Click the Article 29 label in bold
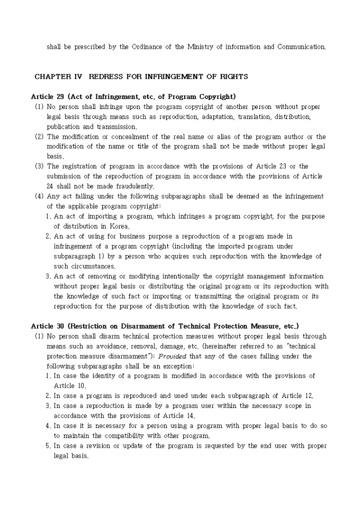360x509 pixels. pyautogui.click(x=47, y=96)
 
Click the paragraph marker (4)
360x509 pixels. pyautogui.click(x=39, y=196)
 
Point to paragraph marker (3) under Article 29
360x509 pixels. pyautogui.click(x=39, y=166)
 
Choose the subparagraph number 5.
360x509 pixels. pyautogui.click(x=48, y=446)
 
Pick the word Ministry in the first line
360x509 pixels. pyautogui.click(x=201, y=47)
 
